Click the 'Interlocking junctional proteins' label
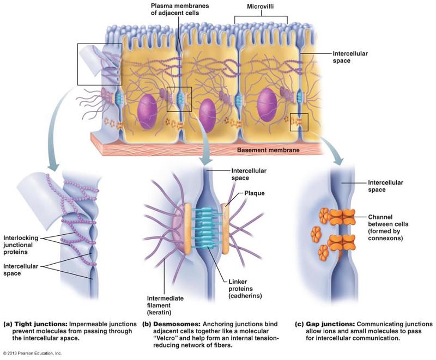[x=24, y=245]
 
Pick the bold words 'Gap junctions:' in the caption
[x=318, y=324]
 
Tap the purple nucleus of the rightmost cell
[x=267, y=104]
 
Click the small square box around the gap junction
[x=299, y=122]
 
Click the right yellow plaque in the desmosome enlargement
[x=225, y=229]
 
